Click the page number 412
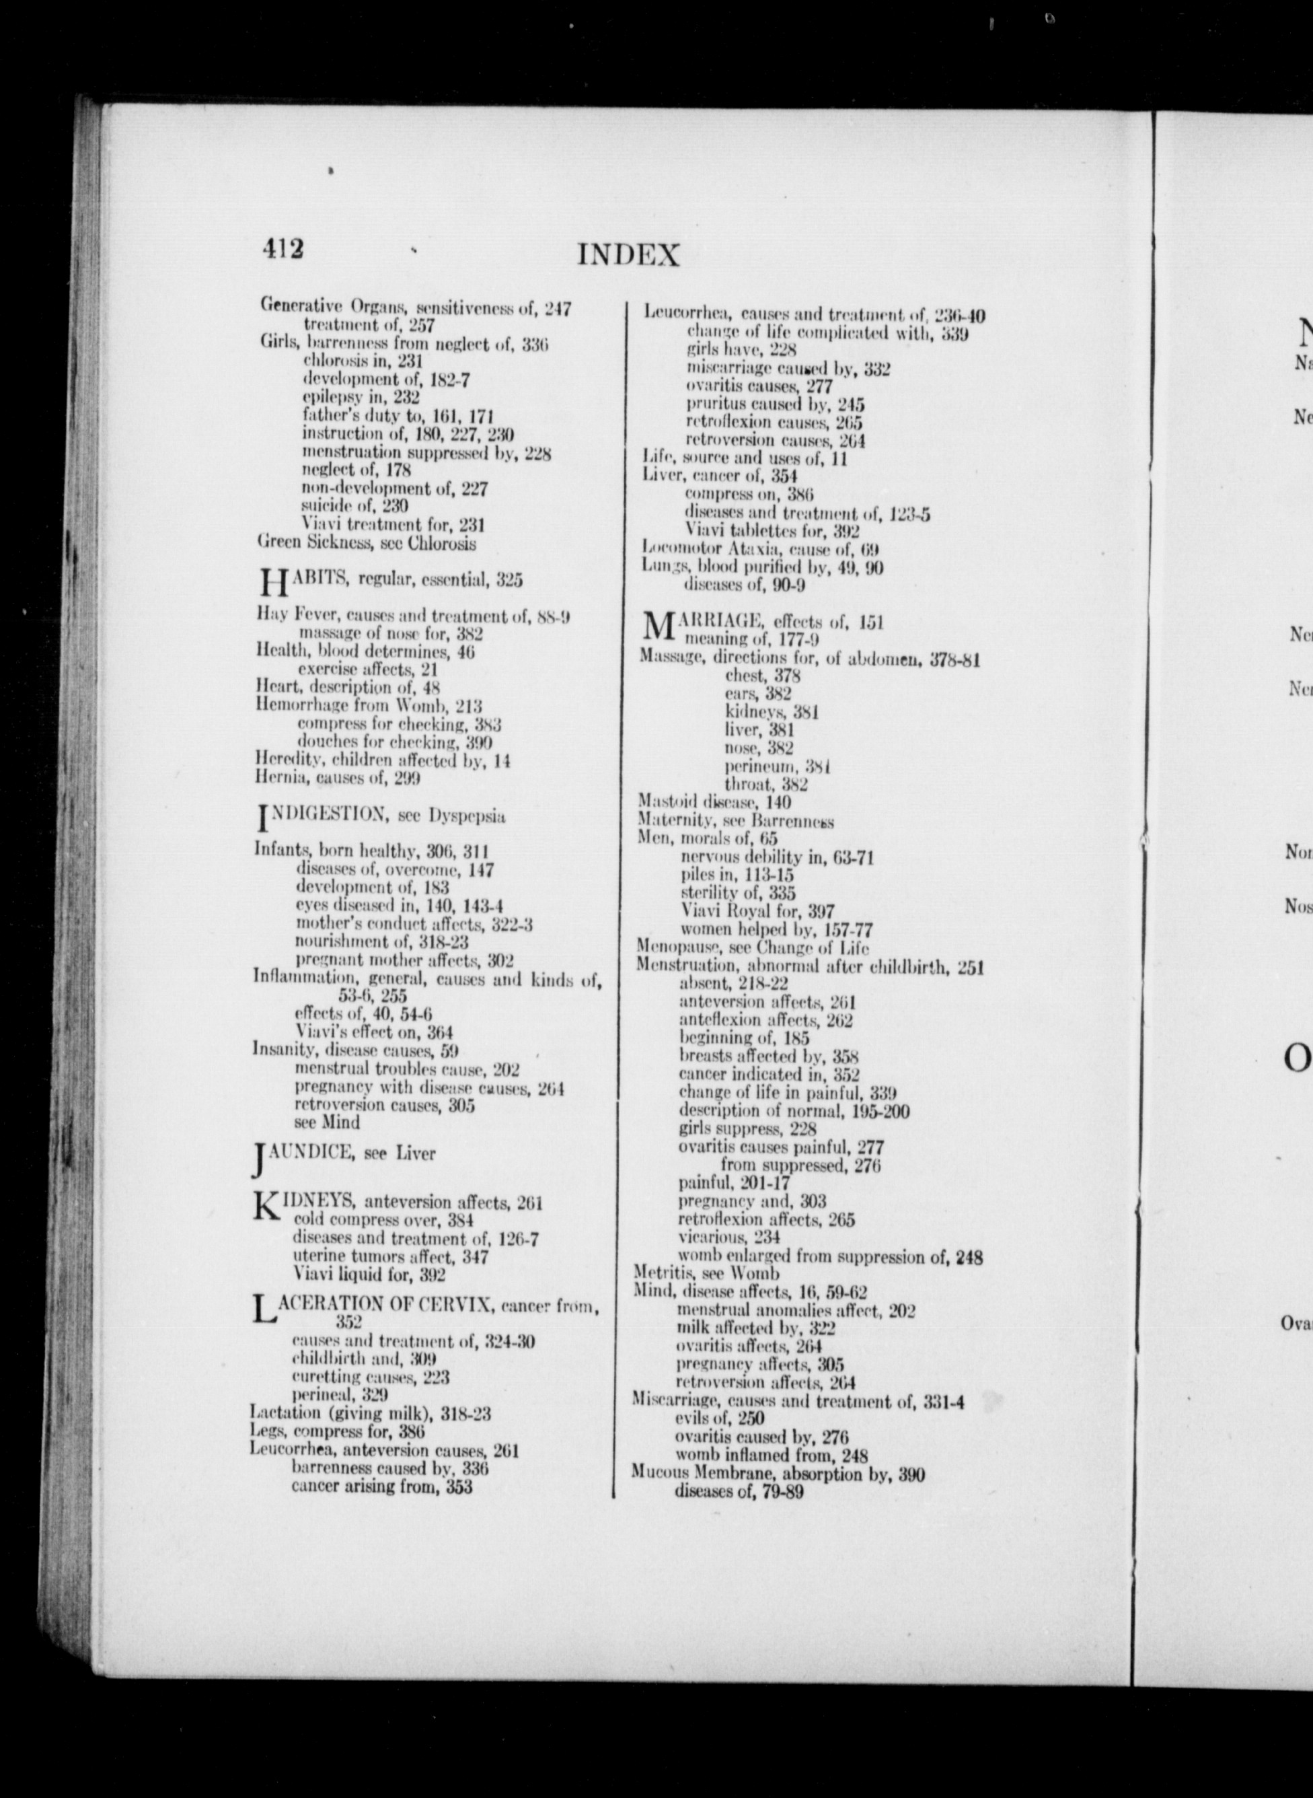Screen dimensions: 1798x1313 point(283,249)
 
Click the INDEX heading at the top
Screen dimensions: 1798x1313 point(628,255)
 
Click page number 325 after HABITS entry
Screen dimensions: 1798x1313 point(509,580)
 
